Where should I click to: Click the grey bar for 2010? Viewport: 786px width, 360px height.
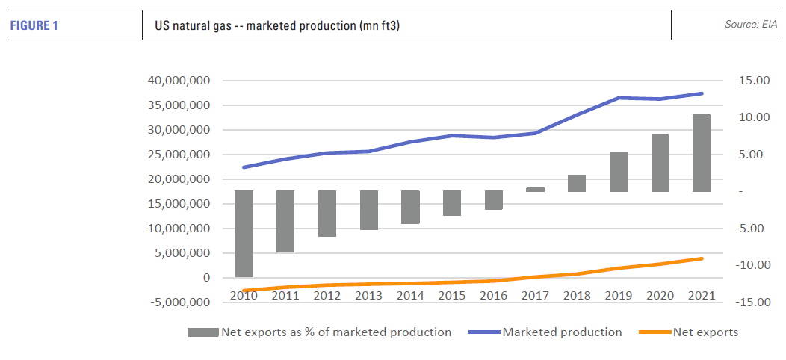[244, 234]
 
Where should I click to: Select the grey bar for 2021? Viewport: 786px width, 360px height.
[702, 153]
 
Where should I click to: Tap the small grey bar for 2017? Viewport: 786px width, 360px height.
[535, 190]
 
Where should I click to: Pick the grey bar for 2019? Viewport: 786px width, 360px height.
[618, 172]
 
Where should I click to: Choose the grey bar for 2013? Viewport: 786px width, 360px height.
[368, 210]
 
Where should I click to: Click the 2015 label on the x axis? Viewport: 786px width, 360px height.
[452, 295]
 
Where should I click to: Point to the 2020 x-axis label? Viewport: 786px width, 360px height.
[660, 295]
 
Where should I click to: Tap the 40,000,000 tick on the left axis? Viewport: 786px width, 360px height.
[179, 81]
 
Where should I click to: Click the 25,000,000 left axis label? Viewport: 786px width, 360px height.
[179, 155]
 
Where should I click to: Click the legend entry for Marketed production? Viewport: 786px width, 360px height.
[562, 332]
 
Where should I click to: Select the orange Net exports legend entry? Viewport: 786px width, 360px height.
[705, 332]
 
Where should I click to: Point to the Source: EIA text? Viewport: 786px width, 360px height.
[751, 25]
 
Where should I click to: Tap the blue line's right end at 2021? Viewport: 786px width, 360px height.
[702, 93]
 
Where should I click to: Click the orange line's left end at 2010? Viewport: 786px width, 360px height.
[244, 291]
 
